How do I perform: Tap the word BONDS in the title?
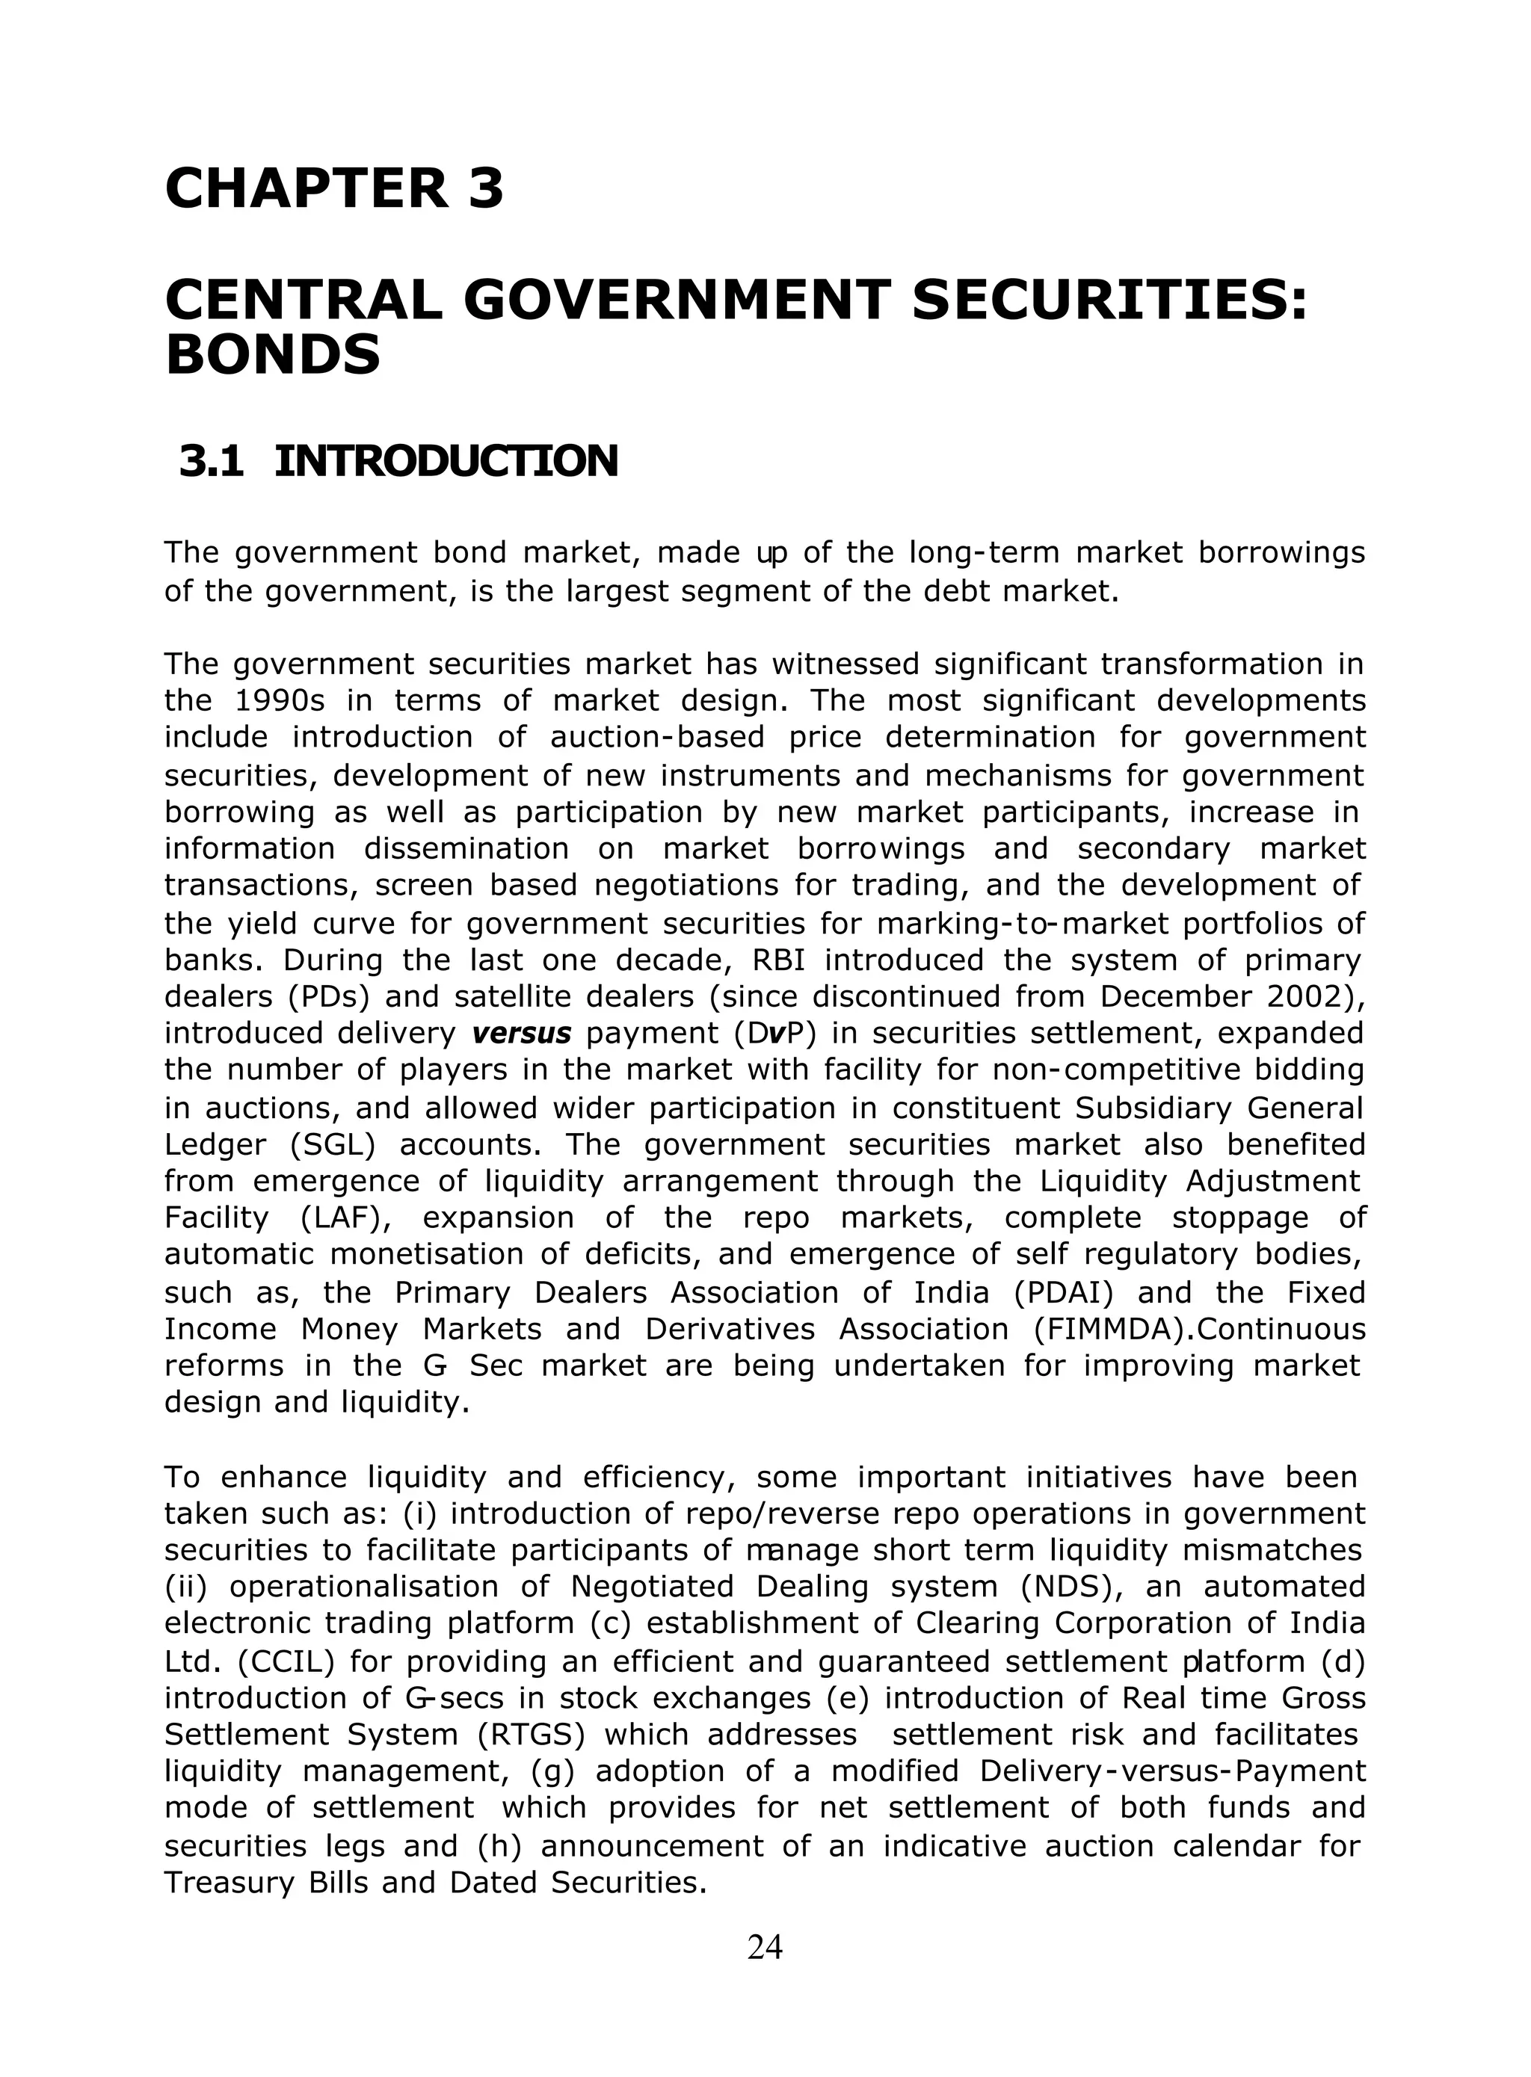[272, 356]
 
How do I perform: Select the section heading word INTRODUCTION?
[446, 461]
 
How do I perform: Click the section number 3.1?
[212, 461]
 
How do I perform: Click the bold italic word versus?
[521, 1033]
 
